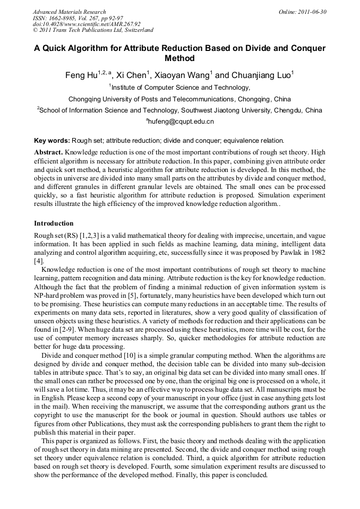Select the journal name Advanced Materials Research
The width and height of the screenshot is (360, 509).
(x=69, y=12)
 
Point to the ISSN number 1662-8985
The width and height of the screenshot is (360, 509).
(x=65, y=18)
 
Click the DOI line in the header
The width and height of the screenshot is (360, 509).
(x=86, y=24)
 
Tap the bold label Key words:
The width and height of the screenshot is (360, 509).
(x=52, y=141)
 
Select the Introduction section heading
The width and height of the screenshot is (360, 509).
(x=54, y=223)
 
